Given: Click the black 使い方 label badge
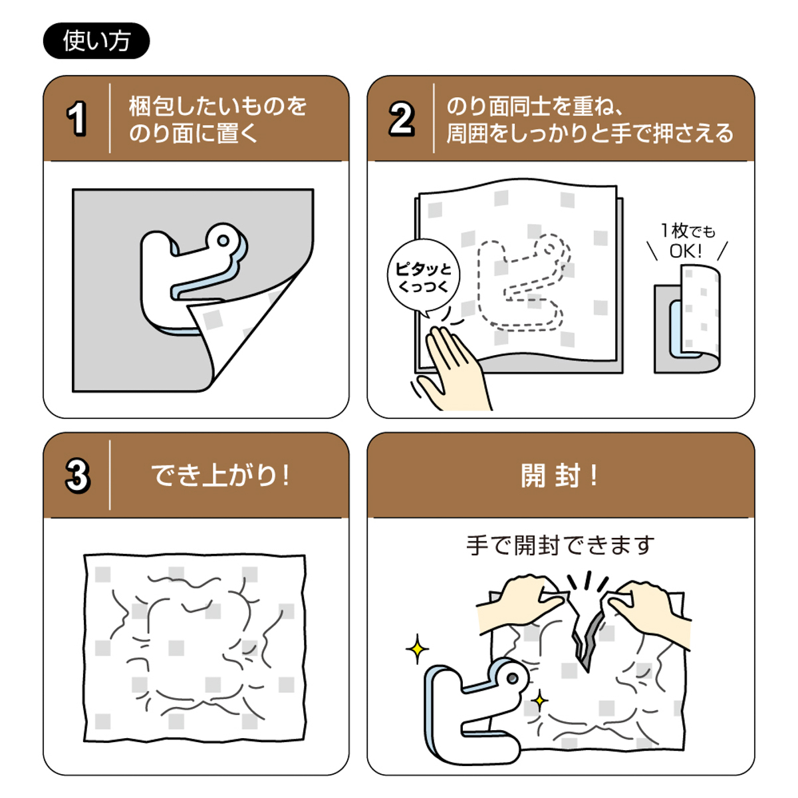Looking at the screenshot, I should [x=96, y=41].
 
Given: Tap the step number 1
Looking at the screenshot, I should [x=77, y=119].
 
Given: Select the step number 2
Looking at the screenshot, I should [x=401, y=119].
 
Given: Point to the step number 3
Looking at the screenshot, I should [x=77, y=475].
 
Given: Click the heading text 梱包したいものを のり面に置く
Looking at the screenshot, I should [x=217, y=120].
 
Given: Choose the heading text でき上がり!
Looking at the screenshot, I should [x=220, y=475].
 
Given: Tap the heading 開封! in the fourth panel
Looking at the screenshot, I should [x=559, y=475].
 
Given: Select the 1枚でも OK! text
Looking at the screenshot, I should [x=687, y=241].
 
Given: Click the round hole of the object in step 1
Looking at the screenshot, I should [x=224, y=240].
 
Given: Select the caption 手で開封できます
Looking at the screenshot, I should [x=560, y=546].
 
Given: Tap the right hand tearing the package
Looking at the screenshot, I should [x=648, y=605].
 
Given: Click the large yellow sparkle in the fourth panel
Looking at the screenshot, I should [x=417, y=649].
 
